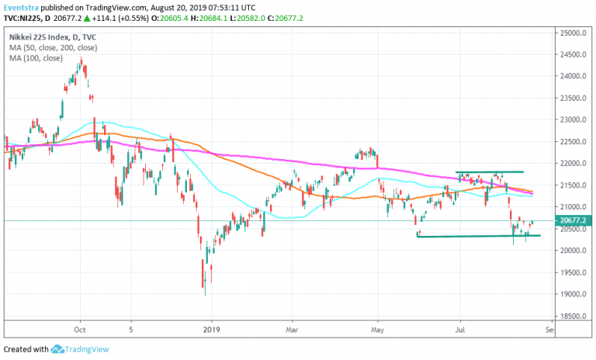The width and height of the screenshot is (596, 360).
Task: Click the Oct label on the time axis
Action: pyautogui.click(x=78, y=329)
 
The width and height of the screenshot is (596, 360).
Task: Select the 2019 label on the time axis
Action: pyautogui.click(x=212, y=329)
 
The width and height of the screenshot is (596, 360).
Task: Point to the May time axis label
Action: pyautogui.click(x=377, y=329)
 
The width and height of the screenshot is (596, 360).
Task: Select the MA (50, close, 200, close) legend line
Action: pyautogui.click(x=54, y=48)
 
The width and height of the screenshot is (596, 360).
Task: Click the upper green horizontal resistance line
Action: pyautogui.click(x=489, y=171)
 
